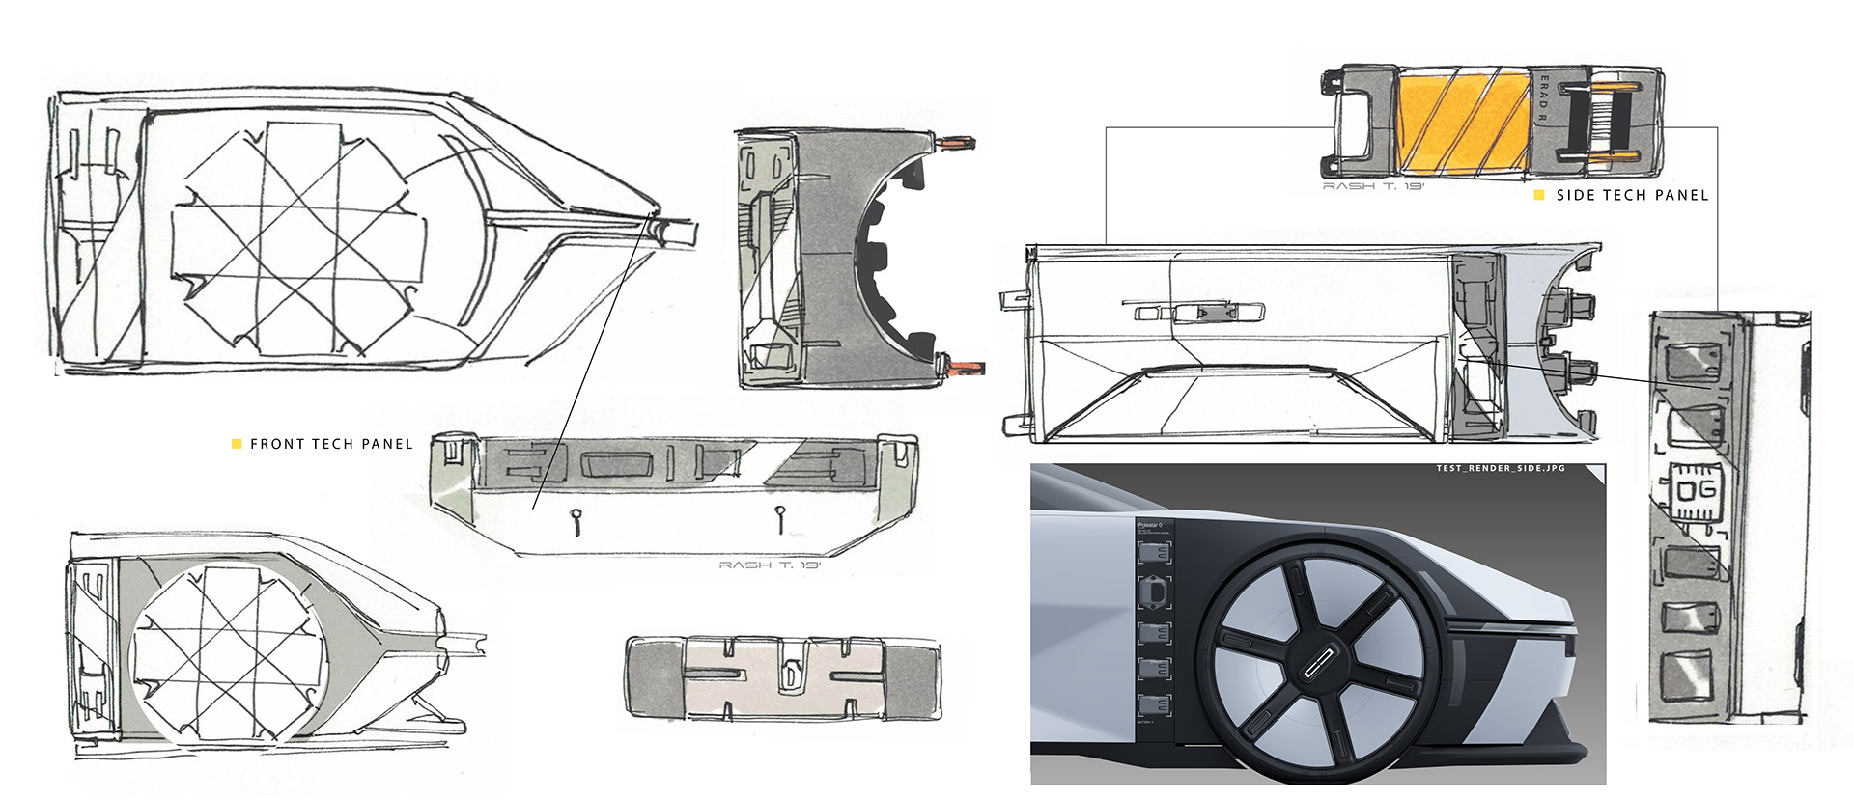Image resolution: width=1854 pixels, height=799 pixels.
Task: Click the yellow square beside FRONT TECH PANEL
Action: point(237,444)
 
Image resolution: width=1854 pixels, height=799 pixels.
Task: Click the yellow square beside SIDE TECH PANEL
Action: point(1539,195)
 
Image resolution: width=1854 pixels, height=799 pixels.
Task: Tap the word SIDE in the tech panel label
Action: point(1575,195)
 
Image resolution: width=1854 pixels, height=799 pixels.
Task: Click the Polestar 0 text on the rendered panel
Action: point(1150,525)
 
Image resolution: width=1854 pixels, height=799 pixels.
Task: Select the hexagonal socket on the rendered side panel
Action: point(1155,591)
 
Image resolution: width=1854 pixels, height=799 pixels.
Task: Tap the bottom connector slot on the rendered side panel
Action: point(1155,704)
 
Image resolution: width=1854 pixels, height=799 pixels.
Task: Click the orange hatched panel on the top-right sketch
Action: point(1462,122)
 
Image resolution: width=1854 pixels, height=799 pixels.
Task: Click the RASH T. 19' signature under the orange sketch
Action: point(1372,186)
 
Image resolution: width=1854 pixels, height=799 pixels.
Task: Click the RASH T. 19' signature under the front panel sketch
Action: point(769,565)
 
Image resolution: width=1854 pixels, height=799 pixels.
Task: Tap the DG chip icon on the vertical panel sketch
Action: point(1695,491)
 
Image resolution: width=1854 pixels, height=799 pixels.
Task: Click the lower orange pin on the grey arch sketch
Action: point(966,367)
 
